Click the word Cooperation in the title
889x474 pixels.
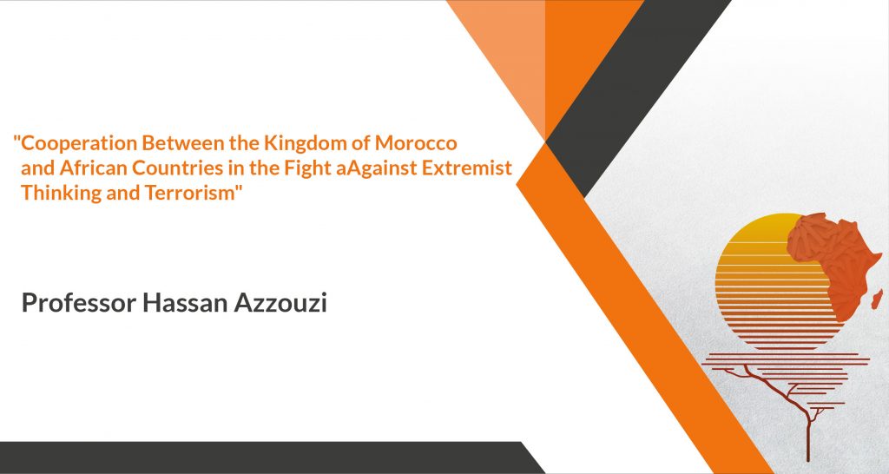pos(79,144)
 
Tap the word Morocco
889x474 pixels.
pos(416,143)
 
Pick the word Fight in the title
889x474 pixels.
pos(308,168)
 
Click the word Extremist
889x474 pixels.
pos(466,168)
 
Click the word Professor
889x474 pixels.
pos(79,303)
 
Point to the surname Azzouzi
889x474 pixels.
pos(280,303)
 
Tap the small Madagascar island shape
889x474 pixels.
pos(877,299)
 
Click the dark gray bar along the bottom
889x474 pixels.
pos(267,457)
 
